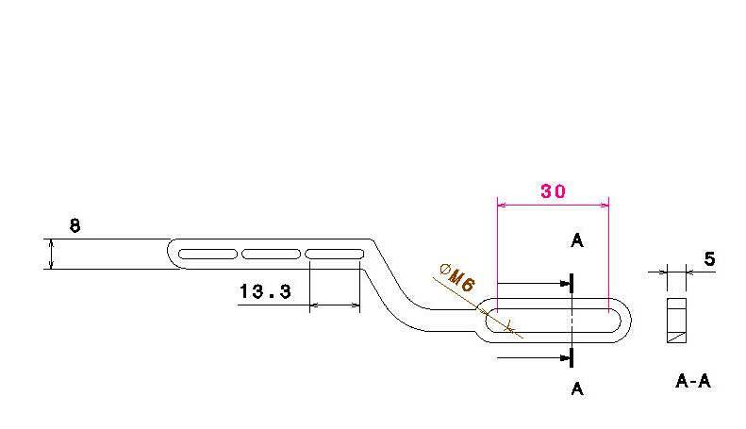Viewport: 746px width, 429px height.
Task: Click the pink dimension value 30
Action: click(x=553, y=191)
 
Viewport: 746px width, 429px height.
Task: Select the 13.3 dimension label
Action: click(x=265, y=291)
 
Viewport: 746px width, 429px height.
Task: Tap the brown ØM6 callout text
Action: click(x=456, y=278)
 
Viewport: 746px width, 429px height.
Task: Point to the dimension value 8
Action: click(x=75, y=225)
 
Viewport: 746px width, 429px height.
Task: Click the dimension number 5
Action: click(x=709, y=258)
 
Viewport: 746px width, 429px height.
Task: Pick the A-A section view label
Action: click(x=692, y=381)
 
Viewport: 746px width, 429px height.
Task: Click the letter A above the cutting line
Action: click(x=576, y=240)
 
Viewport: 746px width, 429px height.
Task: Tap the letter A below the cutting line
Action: click(x=576, y=389)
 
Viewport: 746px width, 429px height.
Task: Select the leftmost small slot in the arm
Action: click(x=207, y=254)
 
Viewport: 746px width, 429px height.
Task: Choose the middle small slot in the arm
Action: click(x=272, y=254)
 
